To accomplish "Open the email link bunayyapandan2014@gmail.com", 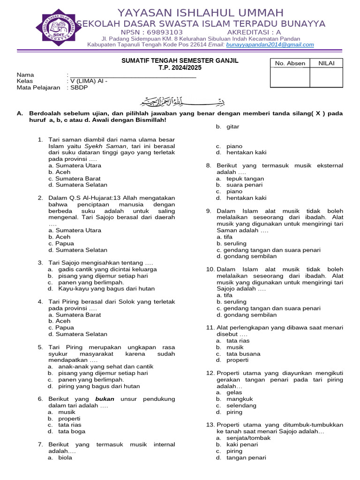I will click(x=270, y=45).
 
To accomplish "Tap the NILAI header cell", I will click(x=326, y=63).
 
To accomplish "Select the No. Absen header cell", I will click(x=290, y=63).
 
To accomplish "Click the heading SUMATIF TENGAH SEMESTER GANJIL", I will click(x=180, y=61).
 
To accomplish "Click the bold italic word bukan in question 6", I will click(x=105, y=399).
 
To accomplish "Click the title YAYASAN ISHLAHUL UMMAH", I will click(x=200, y=13).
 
